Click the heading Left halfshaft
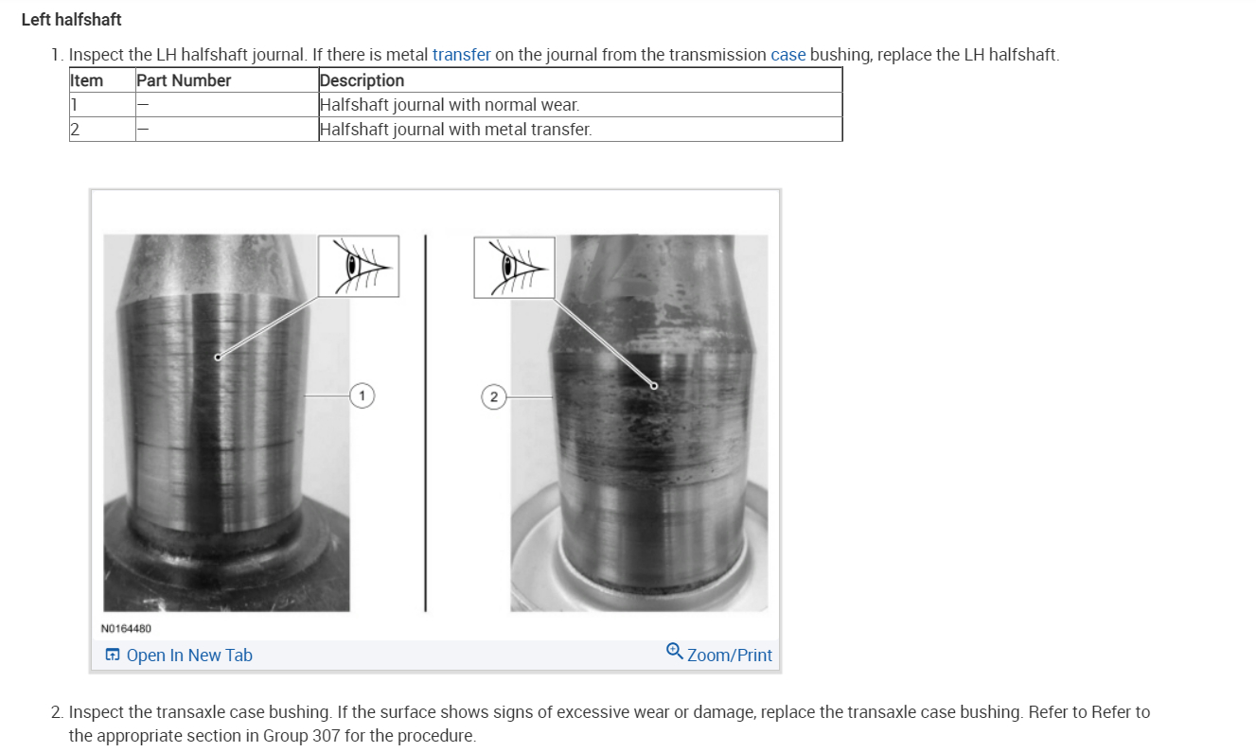tap(71, 19)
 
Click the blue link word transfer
tap(461, 55)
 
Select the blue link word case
tap(787, 55)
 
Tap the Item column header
tap(87, 80)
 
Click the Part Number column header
tap(184, 80)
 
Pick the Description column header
tap(362, 80)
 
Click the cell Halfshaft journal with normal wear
tap(450, 105)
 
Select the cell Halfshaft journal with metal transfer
tap(455, 130)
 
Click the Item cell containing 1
tap(75, 105)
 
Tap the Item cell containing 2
tap(75, 130)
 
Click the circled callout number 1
tap(362, 395)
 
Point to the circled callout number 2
tap(492, 396)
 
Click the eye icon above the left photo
tap(358, 266)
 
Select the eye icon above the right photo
tap(514, 267)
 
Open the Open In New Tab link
tap(188, 655)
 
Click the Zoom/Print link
tap(728, 655)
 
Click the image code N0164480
tap(126, 628)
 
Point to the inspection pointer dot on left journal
tap(218, 357)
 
